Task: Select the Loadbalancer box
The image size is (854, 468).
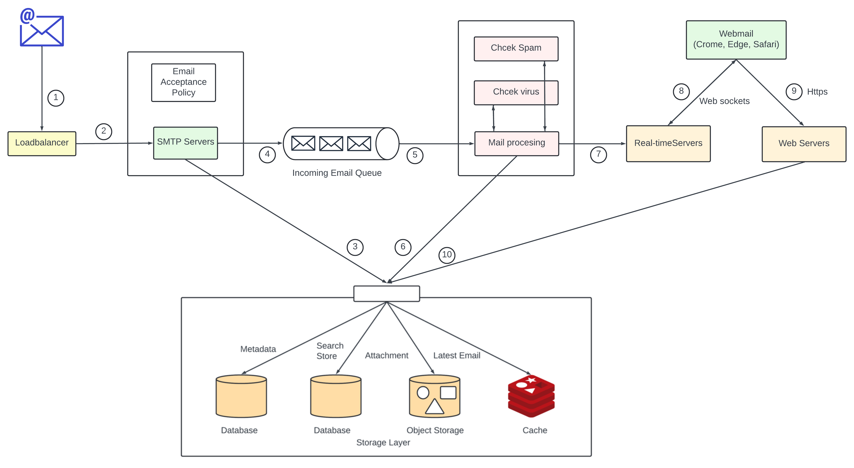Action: [42, 143]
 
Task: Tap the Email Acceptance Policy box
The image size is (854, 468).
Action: [183, 82]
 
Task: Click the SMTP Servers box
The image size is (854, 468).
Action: [185, 143]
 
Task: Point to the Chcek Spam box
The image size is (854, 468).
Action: [516, 48]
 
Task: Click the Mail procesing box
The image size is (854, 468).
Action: [517, 143]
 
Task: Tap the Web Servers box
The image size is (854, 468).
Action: [804, 144]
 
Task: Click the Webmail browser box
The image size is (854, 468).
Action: [736, 40]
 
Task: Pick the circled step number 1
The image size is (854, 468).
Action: [56, 98]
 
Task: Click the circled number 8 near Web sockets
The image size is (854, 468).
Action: [681, 91]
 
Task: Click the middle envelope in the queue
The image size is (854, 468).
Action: [331, 143]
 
